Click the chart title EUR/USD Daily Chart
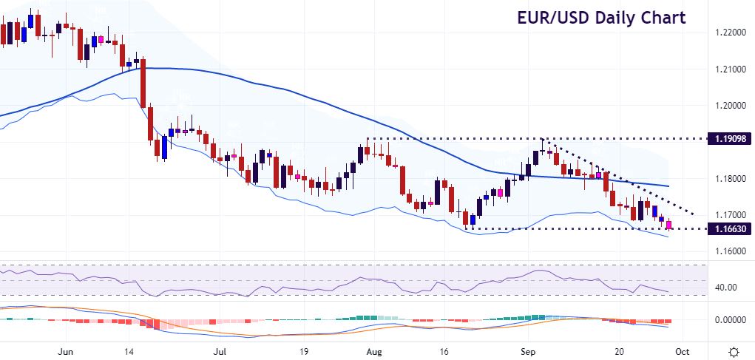pyautogui.click(x=601, y=18)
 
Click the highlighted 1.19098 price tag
pyautogui.click(x=729, y=138)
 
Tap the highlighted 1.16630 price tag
pyautogui.click(x=729, y=229)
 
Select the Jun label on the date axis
pyautogui.click(x=66, y=351)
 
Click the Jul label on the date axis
pyautogui.click(x=219, y=351)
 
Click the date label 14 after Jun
pyautogui.click(x=141, y=351)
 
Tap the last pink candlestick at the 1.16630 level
pyautogui.click(x=669, y=225)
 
